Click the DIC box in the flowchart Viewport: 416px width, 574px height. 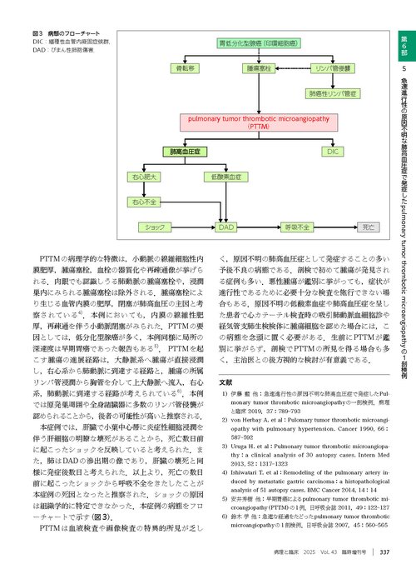click(333, 152)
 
